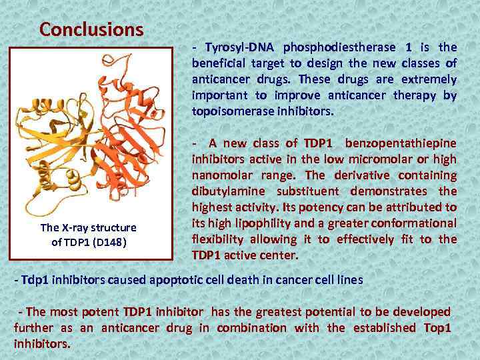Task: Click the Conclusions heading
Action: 91,30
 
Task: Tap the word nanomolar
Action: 223,175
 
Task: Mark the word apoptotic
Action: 180,280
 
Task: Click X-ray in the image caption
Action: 74,227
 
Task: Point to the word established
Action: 385,328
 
